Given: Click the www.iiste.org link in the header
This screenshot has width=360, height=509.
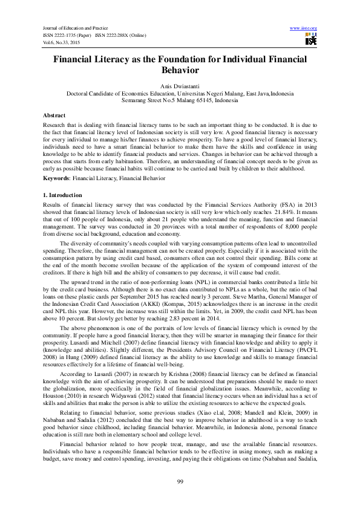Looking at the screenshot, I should click(x=304, y=28).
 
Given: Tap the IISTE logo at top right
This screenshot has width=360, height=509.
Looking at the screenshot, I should click(x=311, y=40).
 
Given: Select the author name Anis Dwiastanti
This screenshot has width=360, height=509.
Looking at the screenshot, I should click(x=180, y=86).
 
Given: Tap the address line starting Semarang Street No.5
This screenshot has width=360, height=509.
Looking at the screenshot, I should click(x=180, y=100).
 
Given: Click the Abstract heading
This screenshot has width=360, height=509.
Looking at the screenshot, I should click(x=54, y=115).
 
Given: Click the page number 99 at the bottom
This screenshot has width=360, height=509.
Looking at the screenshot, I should click(x=180, y=481).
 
